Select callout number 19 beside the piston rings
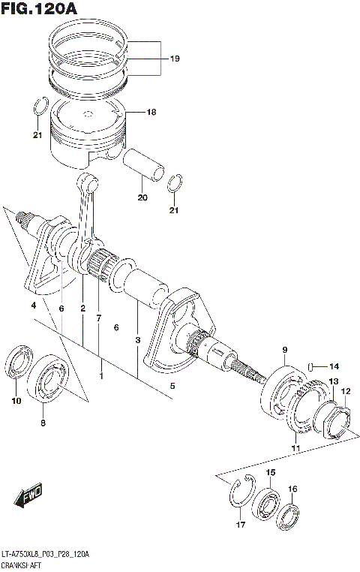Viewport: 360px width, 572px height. click(175, 58)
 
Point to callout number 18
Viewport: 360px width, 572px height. click(151, 113)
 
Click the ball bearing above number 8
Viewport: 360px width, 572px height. click(49, 375)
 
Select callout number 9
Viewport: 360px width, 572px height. click(285, 351)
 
